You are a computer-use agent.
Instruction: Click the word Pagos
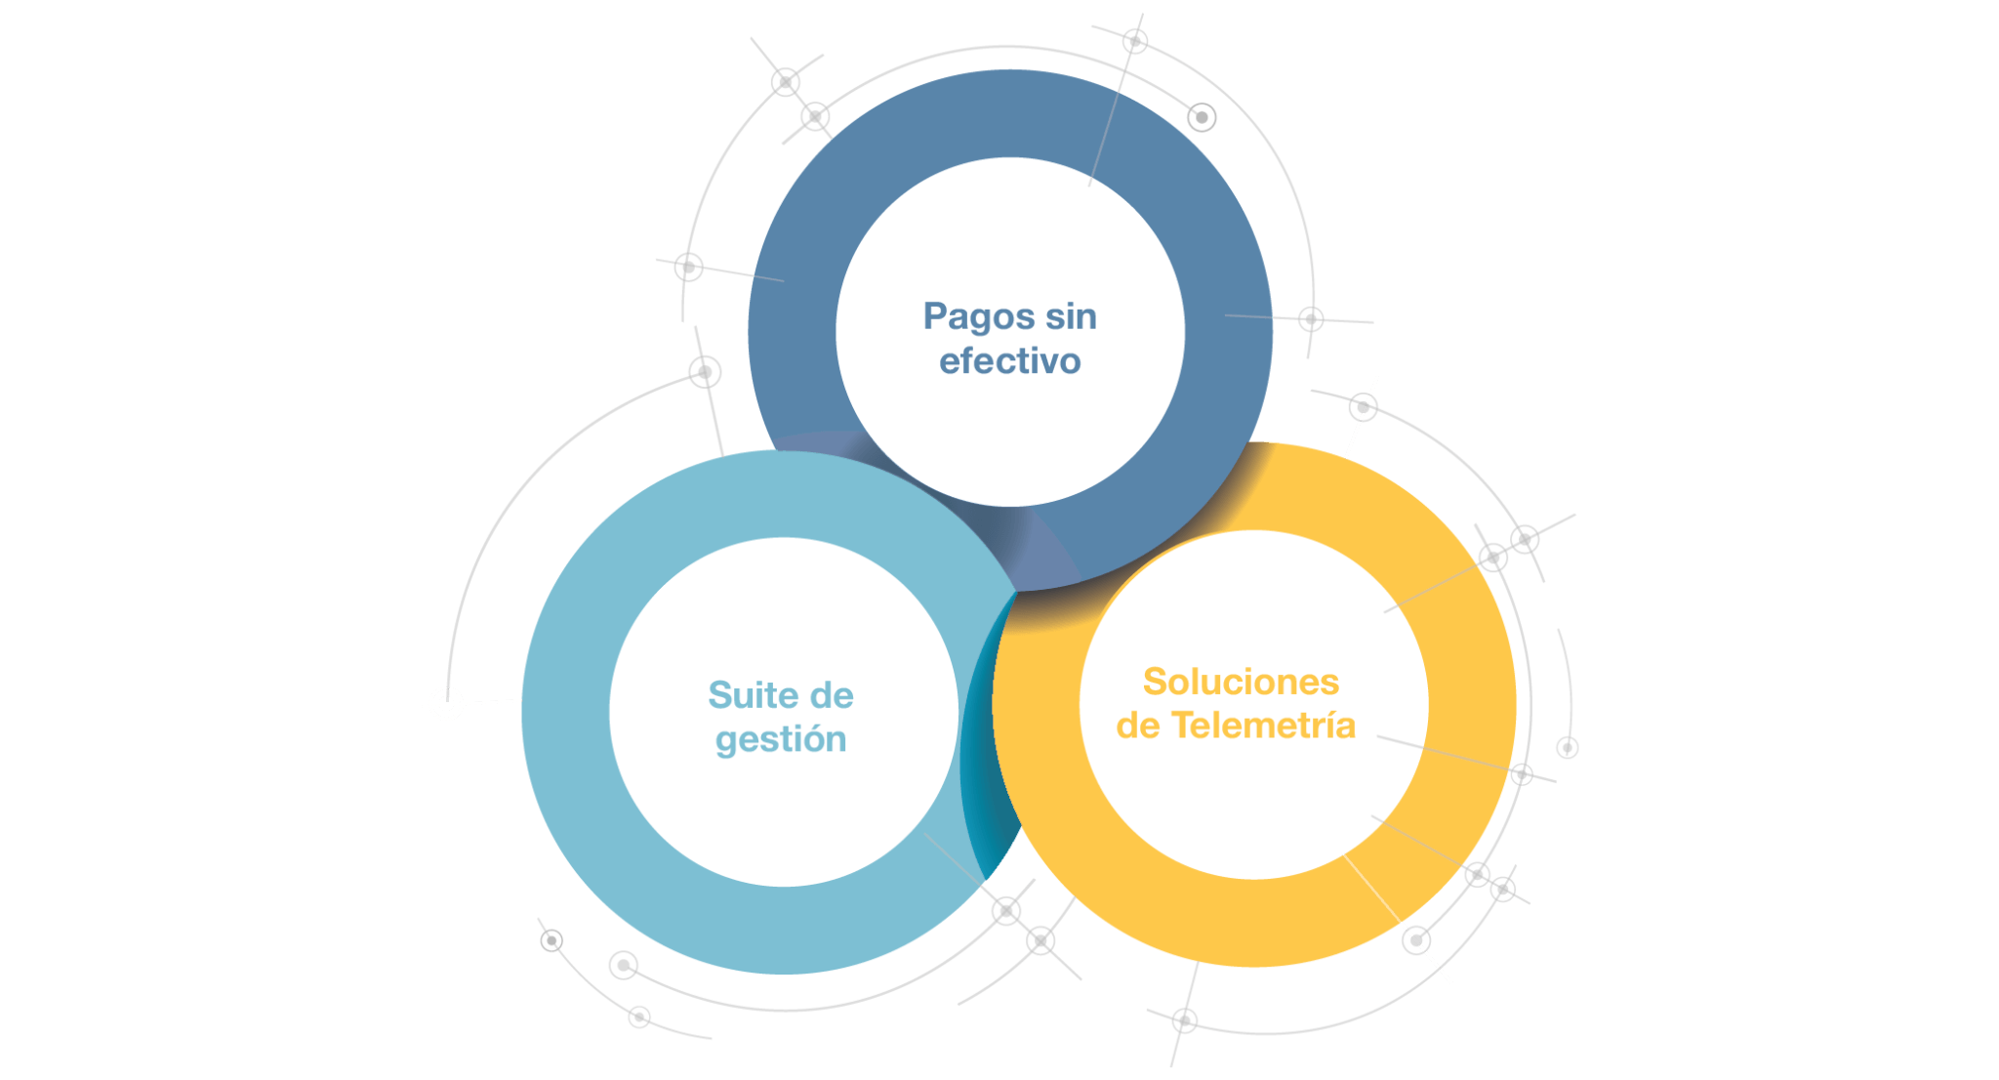pyautogui.click(x=979, y=318)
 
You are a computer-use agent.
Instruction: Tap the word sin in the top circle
pyautogui.click(x=1071, y=316)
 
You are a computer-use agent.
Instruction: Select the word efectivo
pyautogui.click(x=1010, y=361)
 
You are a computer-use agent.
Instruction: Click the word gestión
pyautogui.click(x=781, y=740)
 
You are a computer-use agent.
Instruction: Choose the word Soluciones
pyautogui.click(x=1241, y=682)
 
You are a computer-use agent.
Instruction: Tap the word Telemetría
pyautogui.click(x=1263, y=726)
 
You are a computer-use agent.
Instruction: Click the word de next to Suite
pyautogui.click(x=832, y=695)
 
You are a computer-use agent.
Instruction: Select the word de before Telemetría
pyautogui.click(x=1138, y=726)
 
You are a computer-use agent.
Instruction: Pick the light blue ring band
pyautogui.click(x=566, y=713)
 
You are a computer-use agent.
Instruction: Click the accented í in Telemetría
pyautogui.click(x=1326, y=725)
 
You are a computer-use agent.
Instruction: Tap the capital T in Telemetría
pyautogui.click(x=1182, y=726)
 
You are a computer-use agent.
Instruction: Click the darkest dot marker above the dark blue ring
pyautogui.click(x=1202, y=117)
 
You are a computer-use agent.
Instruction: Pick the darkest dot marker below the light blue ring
pyautogui.click(x=551, y=940)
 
